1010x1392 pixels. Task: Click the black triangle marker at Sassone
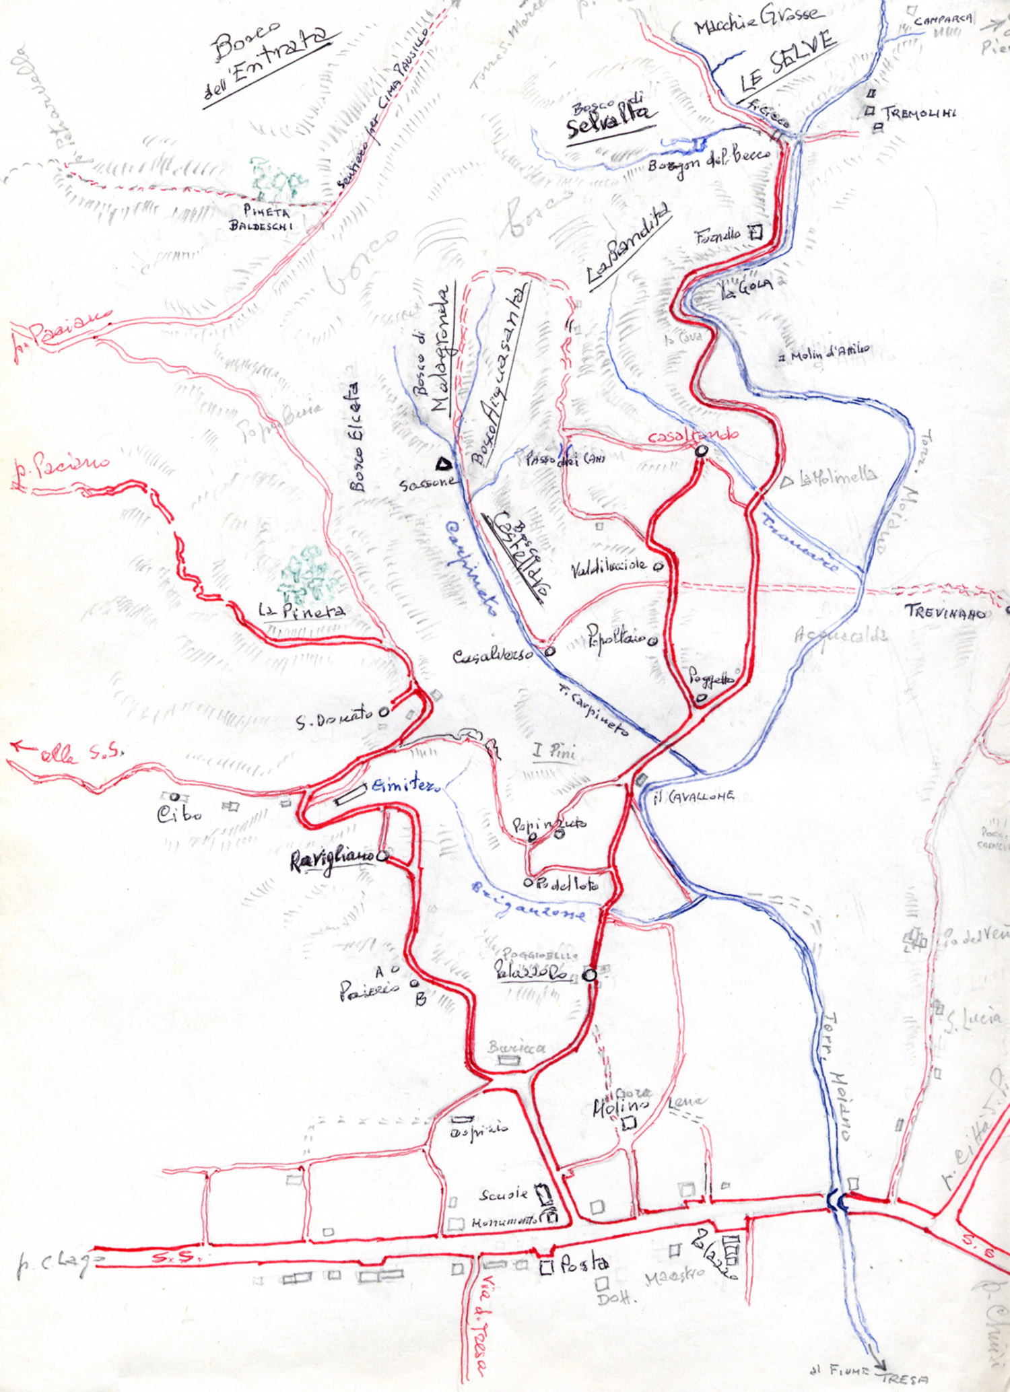click(442, 463)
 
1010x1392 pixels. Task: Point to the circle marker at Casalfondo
click(701, 451)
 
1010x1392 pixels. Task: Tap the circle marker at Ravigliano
click(382, 856)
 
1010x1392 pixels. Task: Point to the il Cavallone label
click(694, 797)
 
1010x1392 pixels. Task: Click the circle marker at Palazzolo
click(590, 975)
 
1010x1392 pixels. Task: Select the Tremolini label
click(920, 112)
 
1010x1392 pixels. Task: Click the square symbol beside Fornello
click(755, 233)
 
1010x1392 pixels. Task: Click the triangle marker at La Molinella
click(786, 482)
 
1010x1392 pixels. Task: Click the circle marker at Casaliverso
click(550, 651)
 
